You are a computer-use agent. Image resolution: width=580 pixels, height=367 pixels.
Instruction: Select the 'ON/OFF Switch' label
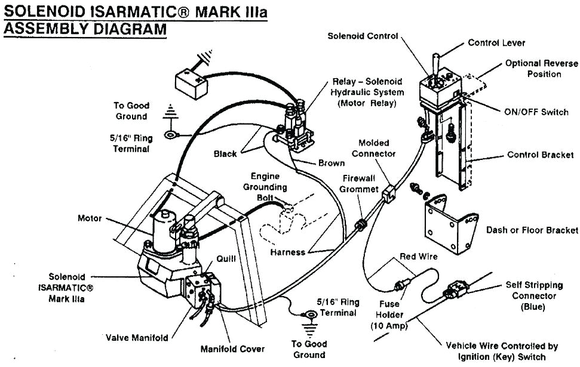coord(534,112)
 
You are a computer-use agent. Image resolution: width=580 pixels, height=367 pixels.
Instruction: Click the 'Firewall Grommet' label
coord(360,184)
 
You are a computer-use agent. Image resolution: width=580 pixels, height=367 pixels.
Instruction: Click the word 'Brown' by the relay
coord(331,163)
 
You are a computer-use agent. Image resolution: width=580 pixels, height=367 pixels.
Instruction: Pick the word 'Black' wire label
coord(225,154)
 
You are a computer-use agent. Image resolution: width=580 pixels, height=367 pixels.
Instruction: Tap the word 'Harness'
coord(288,252)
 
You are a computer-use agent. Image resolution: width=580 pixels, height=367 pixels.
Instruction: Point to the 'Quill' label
coord(229,259)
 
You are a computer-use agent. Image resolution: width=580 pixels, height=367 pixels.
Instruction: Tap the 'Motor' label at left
coord(90,218)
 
